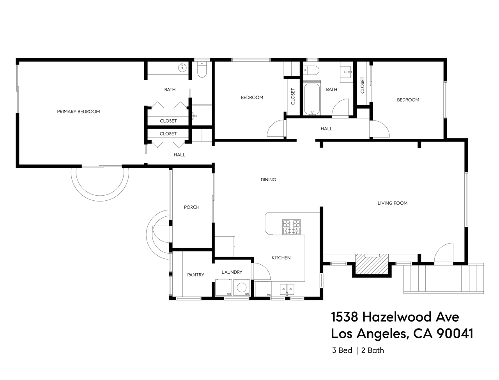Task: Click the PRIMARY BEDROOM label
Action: [x=78, y=111]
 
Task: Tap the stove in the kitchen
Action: [x=292, y=227]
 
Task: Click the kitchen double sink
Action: [x=287, y=289]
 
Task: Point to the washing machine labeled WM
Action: [x=242, y=288]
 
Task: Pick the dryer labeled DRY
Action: [x=224, y=288]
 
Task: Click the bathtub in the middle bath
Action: [x=312, y=99]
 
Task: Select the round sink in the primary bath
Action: [x=182, y=68]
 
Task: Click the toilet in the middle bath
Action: [x=311, y=70]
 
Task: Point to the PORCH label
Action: [x=191, y=207]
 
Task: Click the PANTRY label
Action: [x=195, y=275]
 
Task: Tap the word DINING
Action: [x=268, y=180]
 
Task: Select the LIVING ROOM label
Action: [x=392, y=203]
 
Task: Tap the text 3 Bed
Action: [x=342, y=350]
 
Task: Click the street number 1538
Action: [x=344, y=317]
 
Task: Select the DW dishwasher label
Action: [x=269, y=295]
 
